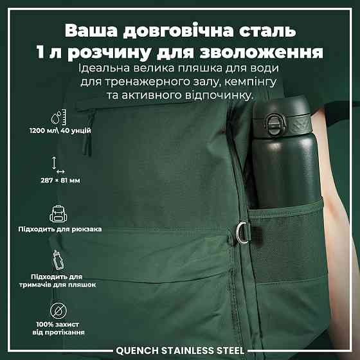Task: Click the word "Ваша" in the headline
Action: pyautogui.click(x=91, y=31)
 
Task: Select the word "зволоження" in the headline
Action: pyautogui.click(x=262, y=52)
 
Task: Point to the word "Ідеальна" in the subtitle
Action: pyautogui.click(x=104, y=68)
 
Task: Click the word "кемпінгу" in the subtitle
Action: pyautogui.click(x=250, y=82)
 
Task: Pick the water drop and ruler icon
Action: pyautogui.click(x=59, y=117)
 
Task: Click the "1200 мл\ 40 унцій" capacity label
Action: pyautogui.click(x=60, y=130)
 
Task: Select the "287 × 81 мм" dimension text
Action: pyautogui.click(x=60, y=181)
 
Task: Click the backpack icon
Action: pyautogui.click(x=59, y=213)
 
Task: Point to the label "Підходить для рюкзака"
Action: pyautogui.click(x=60, y=229)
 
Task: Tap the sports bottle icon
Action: pyautogui.click(x=58, y=260)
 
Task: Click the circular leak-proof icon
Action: pyautogui.click(x=59, y=311)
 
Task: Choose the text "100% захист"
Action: pyautogui.click(x=58, y=325)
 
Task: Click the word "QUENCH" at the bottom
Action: pyautogui.click(x=137, y=350)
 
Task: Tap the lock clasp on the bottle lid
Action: pyautogui.click(x=274, y=125)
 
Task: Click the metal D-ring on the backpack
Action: pyautogui.click(x=243, y=232)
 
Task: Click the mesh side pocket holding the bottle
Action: pyautogui.click(x=288, y=241)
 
